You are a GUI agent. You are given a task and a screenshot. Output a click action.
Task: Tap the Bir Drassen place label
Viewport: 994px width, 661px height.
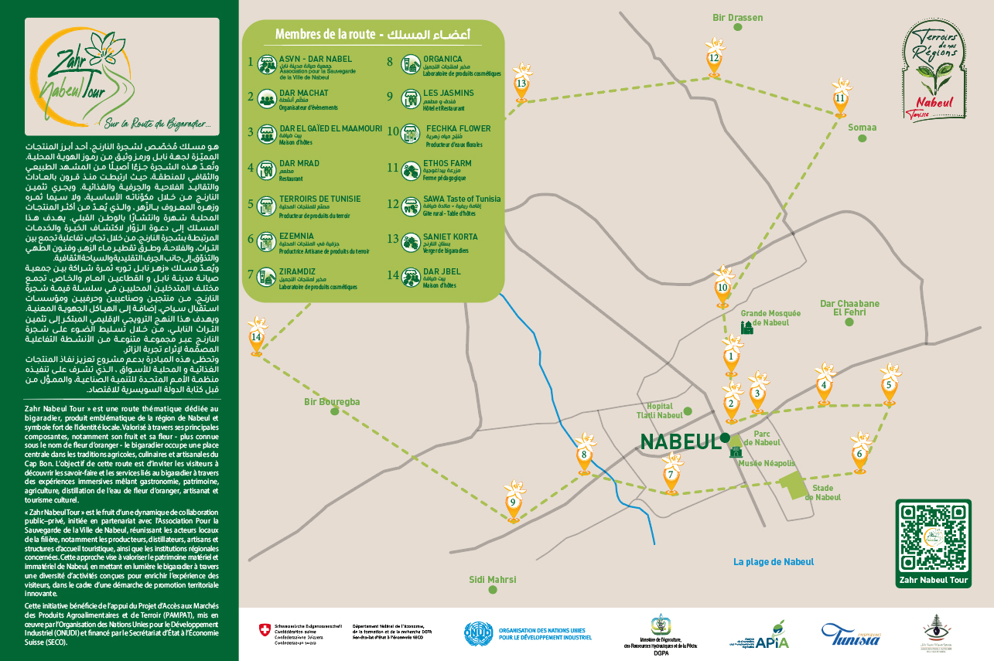[737, 17]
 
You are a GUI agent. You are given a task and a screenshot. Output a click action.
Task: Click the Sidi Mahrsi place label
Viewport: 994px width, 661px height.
[492, 580]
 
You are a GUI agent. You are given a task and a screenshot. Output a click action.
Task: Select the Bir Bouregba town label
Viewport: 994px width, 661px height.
[332, 402]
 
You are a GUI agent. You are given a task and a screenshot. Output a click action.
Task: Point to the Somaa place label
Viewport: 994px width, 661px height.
[862, 128]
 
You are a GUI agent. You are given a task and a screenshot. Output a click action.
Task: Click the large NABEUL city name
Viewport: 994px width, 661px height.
[679, 441]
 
